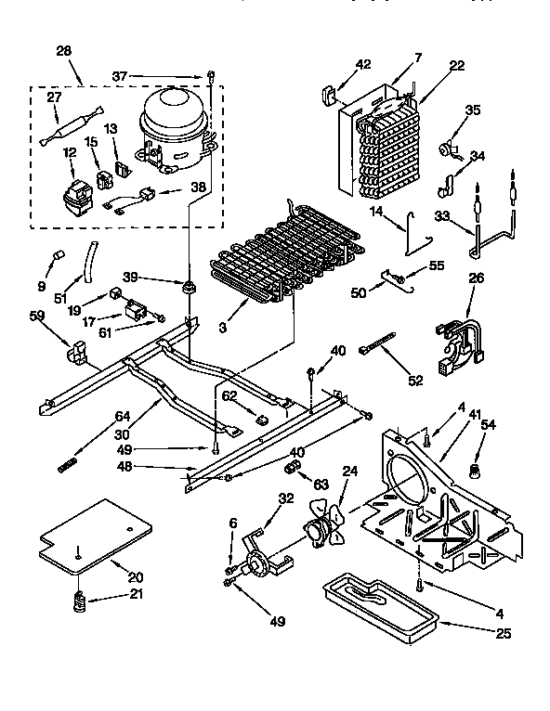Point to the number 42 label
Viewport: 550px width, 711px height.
pyautogui.click(x=363, y=65)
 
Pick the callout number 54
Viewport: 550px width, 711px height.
pyautogui.click(x=489, y=425)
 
